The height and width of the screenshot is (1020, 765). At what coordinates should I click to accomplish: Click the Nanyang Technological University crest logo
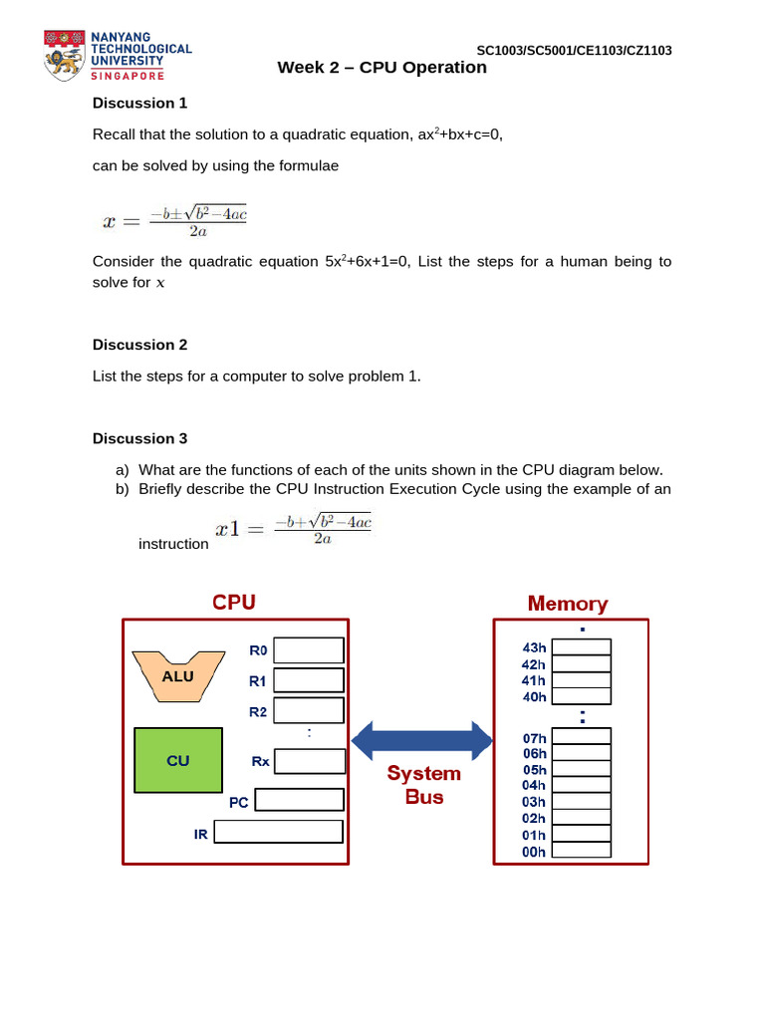(x=64, y=56)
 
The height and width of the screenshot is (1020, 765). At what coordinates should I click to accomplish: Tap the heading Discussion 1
(x=139, y=103)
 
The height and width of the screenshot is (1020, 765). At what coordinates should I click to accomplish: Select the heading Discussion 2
(x=139, y=345)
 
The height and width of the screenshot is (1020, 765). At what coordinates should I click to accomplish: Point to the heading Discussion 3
(x=139, y=438)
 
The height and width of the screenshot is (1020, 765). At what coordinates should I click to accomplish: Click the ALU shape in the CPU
(x=178, y=676)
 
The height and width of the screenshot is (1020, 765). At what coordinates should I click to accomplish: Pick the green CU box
(x=178, y=760)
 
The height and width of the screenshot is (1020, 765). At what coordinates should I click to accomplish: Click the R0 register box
(x=309, y=650)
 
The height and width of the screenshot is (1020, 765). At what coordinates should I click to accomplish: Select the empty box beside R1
(x=309, y=680)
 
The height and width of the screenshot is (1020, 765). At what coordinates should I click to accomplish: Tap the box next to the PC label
(x=299, y=800)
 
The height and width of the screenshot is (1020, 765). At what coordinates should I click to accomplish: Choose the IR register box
(x=278, y=832)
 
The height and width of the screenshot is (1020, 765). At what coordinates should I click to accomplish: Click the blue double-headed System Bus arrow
(x=422, y=740)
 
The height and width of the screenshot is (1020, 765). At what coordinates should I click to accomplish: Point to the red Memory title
(x=568, y=604)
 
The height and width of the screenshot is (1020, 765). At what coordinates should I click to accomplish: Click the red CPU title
(x=234, y=603)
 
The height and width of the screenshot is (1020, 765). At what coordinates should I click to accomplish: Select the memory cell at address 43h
(x=582, y=647)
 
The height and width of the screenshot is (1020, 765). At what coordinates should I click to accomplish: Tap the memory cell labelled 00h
(x=582, y=850)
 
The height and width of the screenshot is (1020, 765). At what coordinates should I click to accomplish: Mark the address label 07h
(x=535, y=738)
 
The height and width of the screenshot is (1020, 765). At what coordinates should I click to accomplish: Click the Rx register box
(x=310, y=761)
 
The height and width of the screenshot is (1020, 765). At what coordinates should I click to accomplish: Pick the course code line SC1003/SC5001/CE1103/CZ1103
(x=574, y=51)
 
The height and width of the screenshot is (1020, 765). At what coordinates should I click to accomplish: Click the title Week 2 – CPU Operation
(x=382, y=68)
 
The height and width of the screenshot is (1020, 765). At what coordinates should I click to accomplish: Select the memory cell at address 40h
(x=582, y=696)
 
